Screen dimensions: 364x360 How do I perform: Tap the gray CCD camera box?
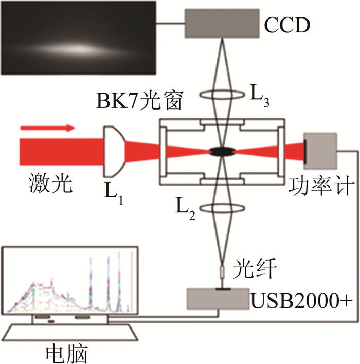point(222,23)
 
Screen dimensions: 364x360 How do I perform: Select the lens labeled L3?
point(222,94)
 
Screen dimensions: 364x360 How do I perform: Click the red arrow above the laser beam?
point(46,128)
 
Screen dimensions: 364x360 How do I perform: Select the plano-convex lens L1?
point(113,151)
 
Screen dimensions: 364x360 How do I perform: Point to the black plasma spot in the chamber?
point(222,151)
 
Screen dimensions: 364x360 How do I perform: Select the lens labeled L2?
point(222,208)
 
